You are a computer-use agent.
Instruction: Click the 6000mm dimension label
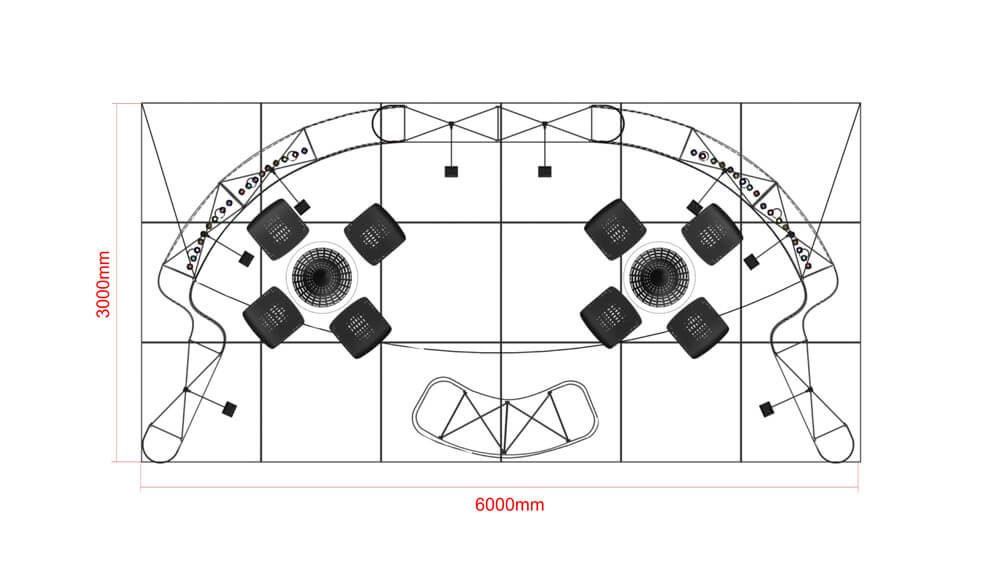click(509, 505)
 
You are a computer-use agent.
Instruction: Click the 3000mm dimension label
click(103, 284)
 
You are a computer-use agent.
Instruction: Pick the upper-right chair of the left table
click(375, 233)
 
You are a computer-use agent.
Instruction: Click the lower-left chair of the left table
click(273, 317)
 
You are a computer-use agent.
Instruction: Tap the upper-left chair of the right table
click(615, 229)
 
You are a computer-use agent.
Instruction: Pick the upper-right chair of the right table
click(711, 233)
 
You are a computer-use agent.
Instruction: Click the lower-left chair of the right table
click(610, 317)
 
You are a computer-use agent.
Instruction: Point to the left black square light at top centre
click(451, 172)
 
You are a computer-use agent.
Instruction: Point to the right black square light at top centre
click(544, 172)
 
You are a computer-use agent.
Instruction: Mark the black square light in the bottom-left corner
click(230, 409)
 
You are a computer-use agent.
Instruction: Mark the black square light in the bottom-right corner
click(767, 409)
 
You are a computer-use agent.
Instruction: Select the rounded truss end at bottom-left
click(160, 443)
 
